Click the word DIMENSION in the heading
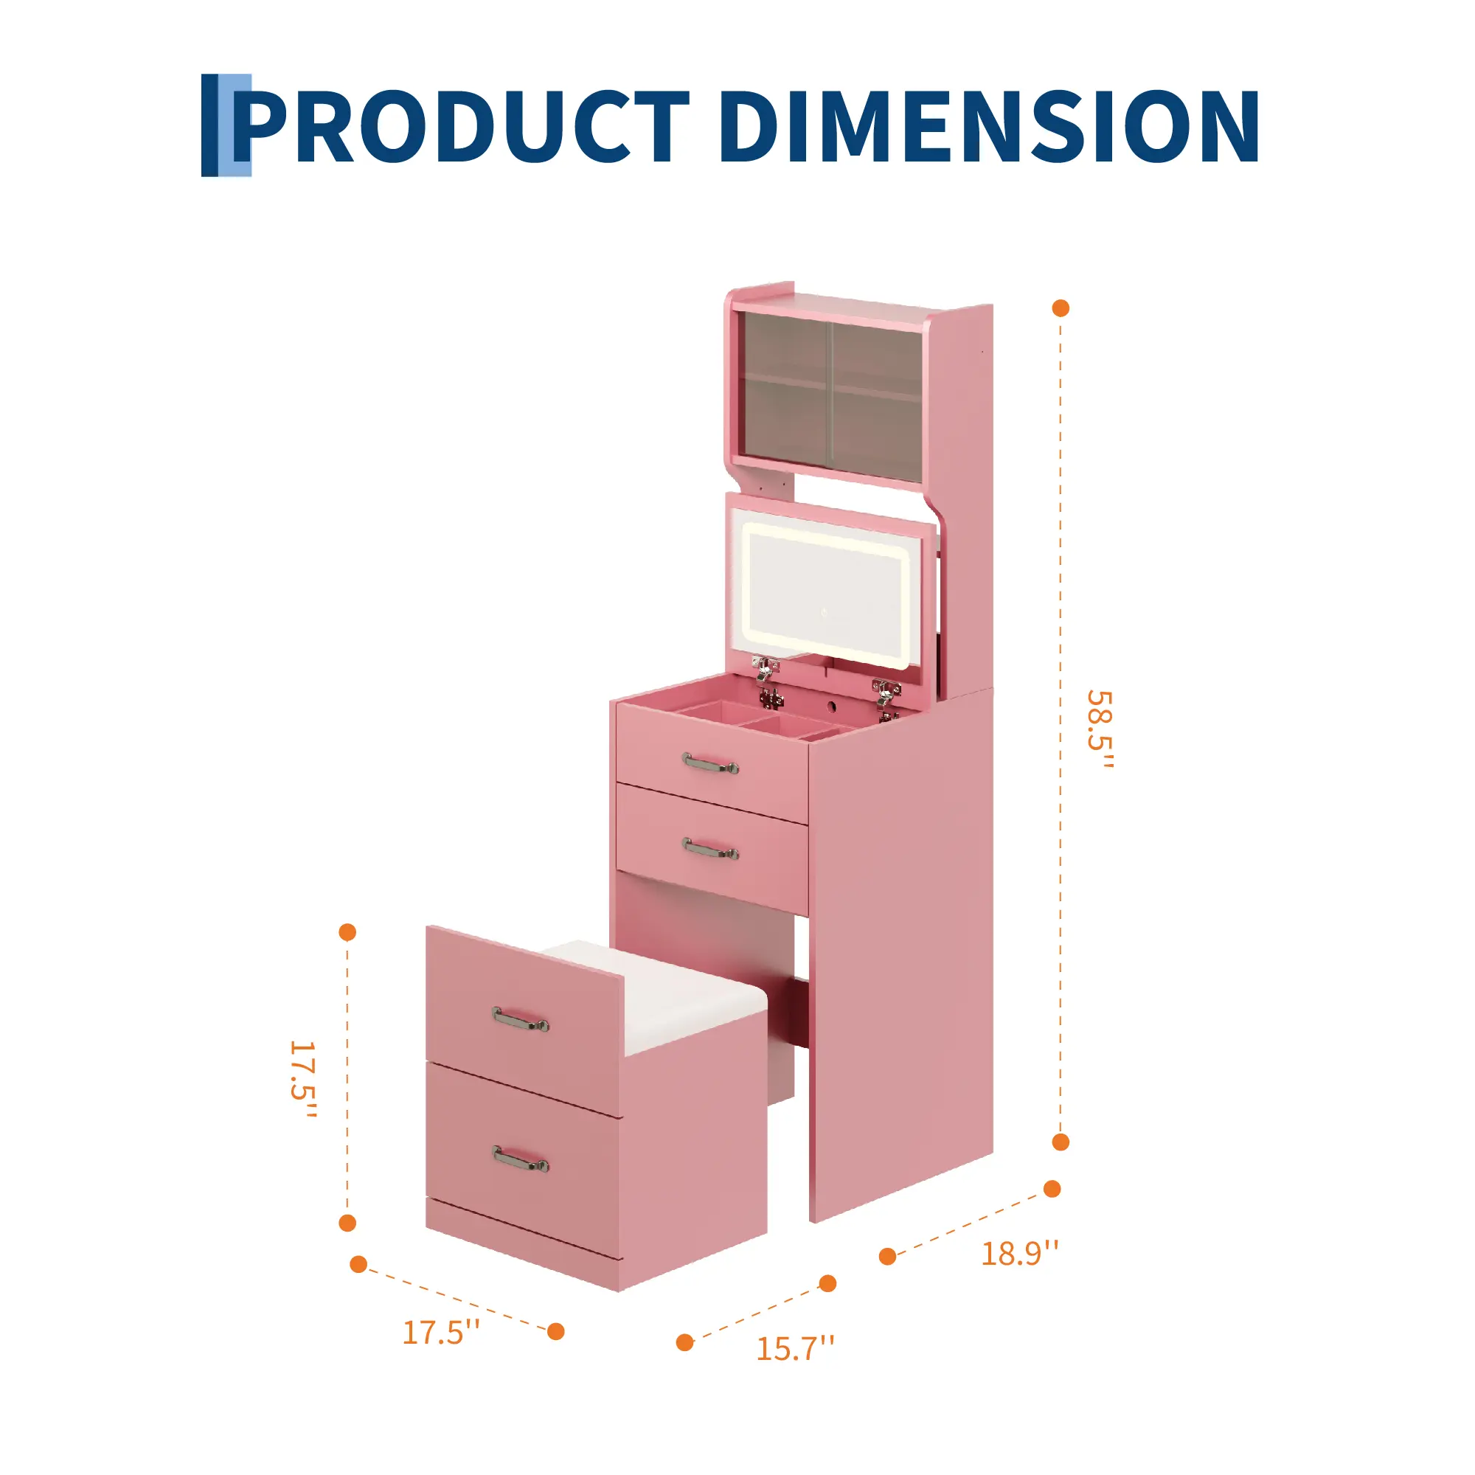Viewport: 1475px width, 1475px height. (x=989, y=126)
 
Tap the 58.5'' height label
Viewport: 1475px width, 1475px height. (x=1100, y=731)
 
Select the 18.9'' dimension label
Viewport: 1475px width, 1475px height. (x=1020, y=1254)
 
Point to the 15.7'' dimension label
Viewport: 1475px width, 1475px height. (x=795, y=1348)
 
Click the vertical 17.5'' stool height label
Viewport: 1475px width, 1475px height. (x=302, y=1080)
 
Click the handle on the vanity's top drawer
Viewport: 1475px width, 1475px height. (x=710, y=763)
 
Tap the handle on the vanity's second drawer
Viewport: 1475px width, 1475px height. (x=710, y=849)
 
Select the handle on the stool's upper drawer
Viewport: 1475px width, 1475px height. (x=521, y=1019)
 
